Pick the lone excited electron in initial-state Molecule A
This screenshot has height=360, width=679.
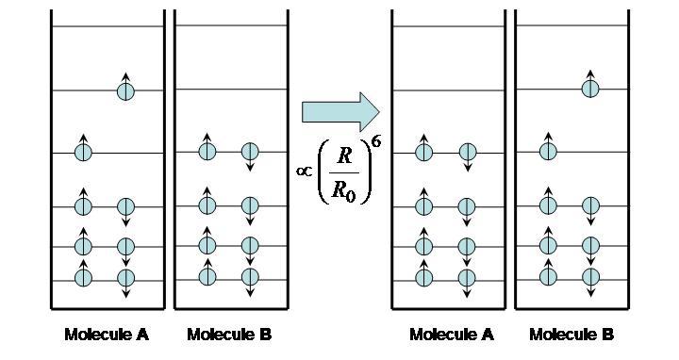tap(125, 90)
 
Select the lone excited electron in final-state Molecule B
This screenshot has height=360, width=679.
tap(589, 89)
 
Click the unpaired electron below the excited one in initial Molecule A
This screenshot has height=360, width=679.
tap(83, 152)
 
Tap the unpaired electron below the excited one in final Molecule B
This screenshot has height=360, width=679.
tap(547, 151)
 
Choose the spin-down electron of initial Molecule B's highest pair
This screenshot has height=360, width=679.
tap(250, 152)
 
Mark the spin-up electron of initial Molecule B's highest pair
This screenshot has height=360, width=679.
tap(207, 151)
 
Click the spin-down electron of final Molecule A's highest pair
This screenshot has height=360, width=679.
tap(466, 152)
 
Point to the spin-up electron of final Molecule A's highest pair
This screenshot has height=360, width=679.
tap(423, 151)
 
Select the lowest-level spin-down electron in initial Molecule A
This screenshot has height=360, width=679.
tap(125, 278)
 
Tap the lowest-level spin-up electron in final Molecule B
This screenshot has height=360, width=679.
tap(547, 276)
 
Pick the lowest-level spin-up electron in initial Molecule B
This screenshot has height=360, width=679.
tap(207, 276)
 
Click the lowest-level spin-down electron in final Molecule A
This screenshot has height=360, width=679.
tap(466, 278)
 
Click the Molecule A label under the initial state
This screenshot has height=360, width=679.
tap(107, 334)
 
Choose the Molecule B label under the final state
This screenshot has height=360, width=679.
tap(571, 334)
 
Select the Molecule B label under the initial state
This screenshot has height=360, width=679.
tap(229, 334)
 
